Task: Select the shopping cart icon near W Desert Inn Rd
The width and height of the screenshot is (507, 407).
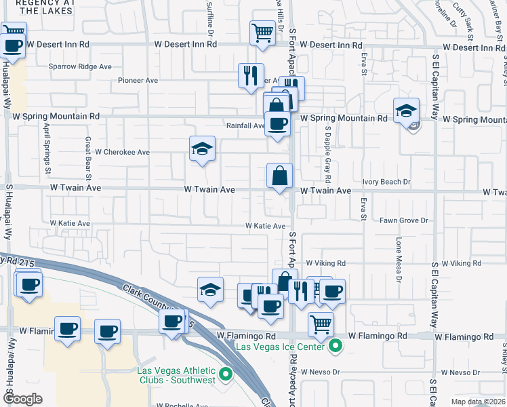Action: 262,33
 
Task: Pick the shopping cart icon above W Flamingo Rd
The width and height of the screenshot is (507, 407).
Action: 321,324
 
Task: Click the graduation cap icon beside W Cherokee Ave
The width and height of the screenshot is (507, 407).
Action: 201,150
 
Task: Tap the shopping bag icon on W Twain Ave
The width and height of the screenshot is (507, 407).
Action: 279,177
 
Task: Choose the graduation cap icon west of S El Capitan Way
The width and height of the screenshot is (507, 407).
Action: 406,111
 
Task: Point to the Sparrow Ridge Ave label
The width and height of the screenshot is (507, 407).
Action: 80,66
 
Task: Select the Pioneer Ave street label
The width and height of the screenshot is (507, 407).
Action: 138,80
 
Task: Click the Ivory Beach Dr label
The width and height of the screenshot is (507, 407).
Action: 386,182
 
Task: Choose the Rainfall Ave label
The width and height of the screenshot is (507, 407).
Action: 245,125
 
